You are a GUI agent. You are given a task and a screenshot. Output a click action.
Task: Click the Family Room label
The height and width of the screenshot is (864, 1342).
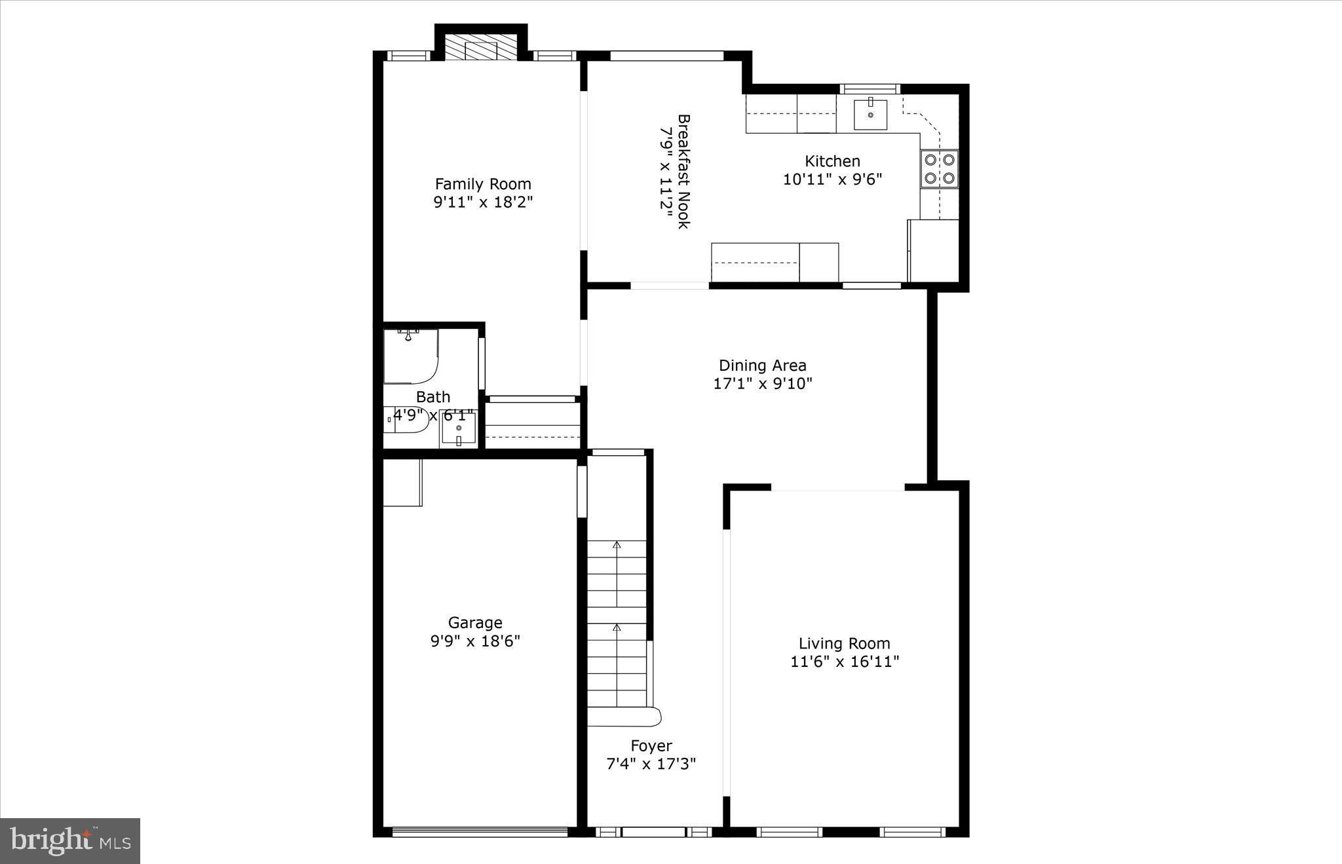click(x=483, y=184)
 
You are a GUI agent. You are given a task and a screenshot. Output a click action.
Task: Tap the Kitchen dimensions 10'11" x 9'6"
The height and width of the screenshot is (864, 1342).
click(x=832, y=179)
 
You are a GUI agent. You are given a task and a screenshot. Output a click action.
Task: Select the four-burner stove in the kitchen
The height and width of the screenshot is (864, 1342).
click(x=939, y=169)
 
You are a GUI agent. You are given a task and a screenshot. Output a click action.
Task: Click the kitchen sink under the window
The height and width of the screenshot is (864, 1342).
click(x=870, y=115)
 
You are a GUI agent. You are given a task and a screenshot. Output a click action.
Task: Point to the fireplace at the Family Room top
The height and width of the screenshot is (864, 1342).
click(x=481, y=48)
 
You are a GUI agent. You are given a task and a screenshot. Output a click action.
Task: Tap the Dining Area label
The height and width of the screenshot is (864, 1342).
click(x=763, y=366)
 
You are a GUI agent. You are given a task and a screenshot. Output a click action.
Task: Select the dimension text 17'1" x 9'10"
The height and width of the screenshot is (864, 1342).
click(x=763, y=384)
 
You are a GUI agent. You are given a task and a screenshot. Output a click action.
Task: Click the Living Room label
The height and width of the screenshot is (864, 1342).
click(x=844, y=643)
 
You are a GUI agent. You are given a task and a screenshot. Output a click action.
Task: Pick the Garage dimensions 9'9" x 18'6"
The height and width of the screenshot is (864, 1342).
click(x=475, y=641)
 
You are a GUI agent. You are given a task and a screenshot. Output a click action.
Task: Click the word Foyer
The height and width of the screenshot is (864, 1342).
click(x=651, y=745)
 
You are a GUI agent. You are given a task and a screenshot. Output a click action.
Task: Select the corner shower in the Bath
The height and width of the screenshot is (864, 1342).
click(x=410, y=356)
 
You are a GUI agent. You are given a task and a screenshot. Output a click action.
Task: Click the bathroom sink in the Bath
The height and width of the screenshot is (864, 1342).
click(x=458, y=428)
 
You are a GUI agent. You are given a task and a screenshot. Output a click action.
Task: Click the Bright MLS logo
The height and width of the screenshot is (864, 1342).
click(x=70, y=840)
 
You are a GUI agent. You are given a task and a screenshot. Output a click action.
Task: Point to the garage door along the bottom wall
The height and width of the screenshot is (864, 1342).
click(x=480, y=832)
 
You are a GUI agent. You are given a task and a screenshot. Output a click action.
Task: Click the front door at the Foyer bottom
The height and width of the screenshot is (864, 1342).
click(x=653, y=832)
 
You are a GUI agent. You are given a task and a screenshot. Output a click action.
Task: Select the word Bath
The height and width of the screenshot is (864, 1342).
click(x=433, y=397)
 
